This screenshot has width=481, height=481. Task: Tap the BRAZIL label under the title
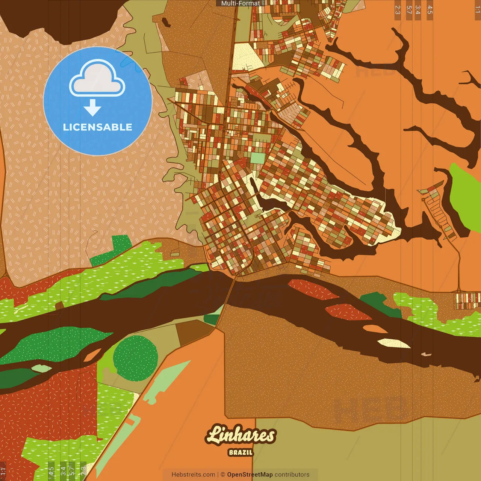click(240, 452)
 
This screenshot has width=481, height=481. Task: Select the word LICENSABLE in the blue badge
click(98, 127)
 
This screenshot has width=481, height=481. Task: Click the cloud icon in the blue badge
click(97, 79)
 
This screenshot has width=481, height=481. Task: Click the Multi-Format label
click(240, 3)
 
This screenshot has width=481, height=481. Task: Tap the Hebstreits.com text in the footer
click(193, 475)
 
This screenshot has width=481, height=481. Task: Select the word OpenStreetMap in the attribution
click(250, 475)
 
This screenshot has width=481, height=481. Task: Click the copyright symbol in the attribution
click(223, 475)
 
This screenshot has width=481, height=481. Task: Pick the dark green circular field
click(135, 358)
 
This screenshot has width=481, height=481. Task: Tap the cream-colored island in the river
click(394, 343)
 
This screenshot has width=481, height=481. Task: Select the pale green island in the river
click(41, 368)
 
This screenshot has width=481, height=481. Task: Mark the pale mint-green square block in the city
click(257, 158)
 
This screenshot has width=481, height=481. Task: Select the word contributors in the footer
click(292, 475)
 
